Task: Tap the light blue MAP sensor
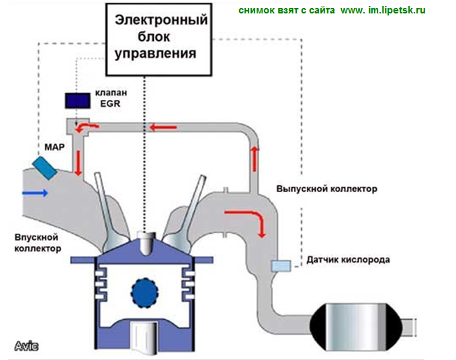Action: click(46, 167)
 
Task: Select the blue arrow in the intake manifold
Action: click(34, 193)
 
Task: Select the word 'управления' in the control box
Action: click(156, 53)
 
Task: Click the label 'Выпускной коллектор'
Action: click(326, 189)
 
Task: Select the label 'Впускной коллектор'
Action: click(37, 242)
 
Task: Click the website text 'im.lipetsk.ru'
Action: click(396, 11)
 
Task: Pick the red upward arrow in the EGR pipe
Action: click(255, 156)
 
